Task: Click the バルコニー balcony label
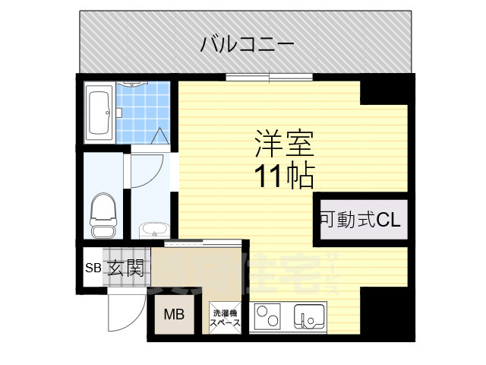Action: [x=247, y=44]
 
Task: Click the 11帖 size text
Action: [x=284, y=176]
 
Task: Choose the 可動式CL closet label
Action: [x=359, y=221]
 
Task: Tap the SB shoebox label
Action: [x=92, y=268]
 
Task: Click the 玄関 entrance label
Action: [x=125, y=268]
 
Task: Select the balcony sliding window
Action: [x=269, y=75]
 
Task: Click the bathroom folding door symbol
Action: [x=162, y=138]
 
